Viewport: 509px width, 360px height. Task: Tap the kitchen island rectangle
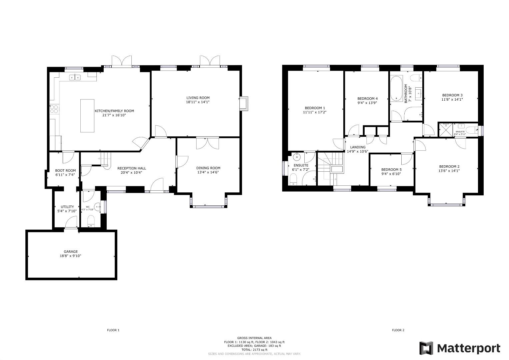87,116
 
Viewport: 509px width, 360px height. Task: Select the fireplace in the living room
244,103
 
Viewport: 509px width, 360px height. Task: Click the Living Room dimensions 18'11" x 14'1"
198,102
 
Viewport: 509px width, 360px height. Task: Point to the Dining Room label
208,168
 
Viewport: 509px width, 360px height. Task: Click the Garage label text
71,252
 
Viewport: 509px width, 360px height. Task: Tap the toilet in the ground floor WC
91,221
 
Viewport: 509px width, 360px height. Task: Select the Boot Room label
65,170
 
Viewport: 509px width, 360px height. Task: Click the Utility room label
67,207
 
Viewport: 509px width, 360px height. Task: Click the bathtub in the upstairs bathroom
396,89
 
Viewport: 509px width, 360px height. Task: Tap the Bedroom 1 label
315,108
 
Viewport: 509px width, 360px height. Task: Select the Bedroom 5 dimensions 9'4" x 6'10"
391,174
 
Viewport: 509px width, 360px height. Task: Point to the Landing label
358,147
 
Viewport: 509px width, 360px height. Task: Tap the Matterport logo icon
426,348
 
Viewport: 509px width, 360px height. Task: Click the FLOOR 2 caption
398,330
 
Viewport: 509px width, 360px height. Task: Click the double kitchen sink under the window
75,78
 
